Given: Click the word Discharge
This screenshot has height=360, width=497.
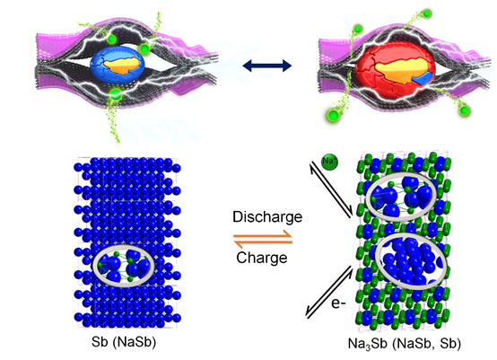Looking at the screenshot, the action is pyautogui.click(x=267, y=217).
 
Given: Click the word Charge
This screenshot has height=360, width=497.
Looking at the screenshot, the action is pyautogui.click(x=262, y=258).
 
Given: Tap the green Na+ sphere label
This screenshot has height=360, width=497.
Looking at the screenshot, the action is pyautogui.click(x=329, y=162).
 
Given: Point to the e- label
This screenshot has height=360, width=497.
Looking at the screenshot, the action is pyautogui.click(x=338, y=303).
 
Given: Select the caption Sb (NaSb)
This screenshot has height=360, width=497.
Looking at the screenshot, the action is pyautogui.click(x=124, y=342).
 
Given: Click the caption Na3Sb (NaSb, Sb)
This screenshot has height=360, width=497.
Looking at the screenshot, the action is pyautogui.click(x=405, y=344).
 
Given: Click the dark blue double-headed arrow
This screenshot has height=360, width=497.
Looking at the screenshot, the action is pyautogui.click(x=266, y=66).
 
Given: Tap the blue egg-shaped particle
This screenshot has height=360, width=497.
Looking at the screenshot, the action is pyautogui.click(x=118, y=65).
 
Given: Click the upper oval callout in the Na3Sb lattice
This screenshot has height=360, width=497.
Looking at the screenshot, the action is pyautogui.click(x=368, y=197).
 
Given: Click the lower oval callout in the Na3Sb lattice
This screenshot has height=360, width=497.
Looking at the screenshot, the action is pyautogui.click(x=378, y=260).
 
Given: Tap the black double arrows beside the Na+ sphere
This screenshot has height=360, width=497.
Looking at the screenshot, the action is pyautogui.click(x=331, y=189).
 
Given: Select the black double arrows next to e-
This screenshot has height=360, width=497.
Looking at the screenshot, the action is pyautogui.click(x=329, y=292).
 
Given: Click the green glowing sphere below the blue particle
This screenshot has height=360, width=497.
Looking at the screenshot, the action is pyautogui.click(x=116, y=93).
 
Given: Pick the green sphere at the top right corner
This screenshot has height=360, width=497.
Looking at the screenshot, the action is pyautogui.click(x=427, y=13).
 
